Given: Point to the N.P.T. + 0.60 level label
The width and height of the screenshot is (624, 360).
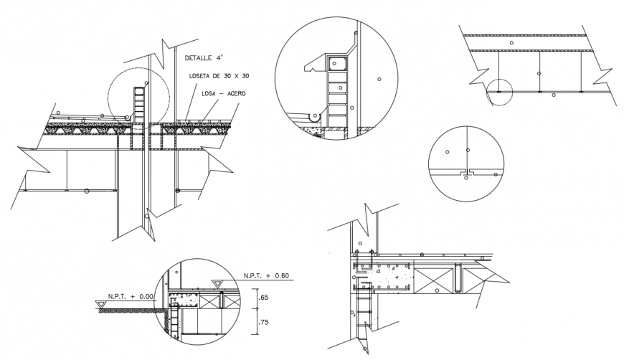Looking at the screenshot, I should tap(265, 275).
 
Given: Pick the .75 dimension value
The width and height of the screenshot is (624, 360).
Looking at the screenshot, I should tap(263, 322).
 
